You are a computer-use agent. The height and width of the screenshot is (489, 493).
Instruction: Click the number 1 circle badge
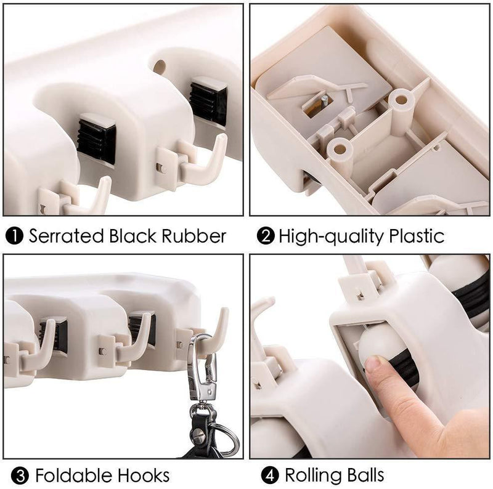coord(14,236)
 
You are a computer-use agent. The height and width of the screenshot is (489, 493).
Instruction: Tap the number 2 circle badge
coord(266,236)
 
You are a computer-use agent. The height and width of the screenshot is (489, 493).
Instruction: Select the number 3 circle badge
coord(20,476)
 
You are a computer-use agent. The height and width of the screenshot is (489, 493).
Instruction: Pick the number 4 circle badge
coord(270,475)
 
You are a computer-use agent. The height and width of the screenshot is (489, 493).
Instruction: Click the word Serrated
coord(67,236)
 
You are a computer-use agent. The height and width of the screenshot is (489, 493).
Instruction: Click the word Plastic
coord(417,236)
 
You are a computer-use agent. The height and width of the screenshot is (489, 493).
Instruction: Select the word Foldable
coord(73,475)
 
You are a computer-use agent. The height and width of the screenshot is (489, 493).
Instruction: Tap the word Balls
coord(367,475)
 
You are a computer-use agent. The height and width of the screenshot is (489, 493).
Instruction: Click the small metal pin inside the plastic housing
coord(325,100)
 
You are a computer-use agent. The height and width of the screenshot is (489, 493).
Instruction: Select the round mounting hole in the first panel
coord(160,67)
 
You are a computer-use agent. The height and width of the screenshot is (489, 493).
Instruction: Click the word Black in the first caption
coord(132,236)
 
